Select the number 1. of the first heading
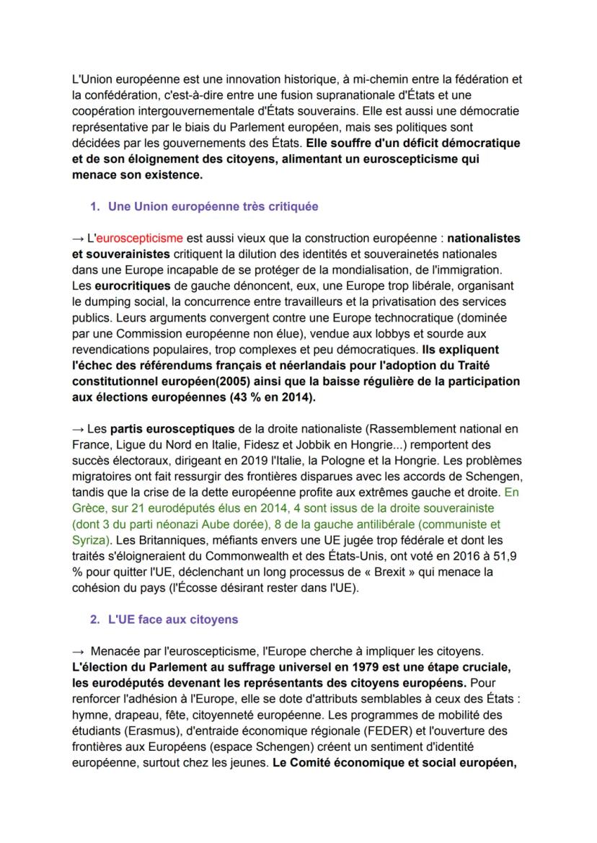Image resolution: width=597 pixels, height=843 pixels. [x=94, y=206]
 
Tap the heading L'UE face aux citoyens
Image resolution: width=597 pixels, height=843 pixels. [x=173, y=619]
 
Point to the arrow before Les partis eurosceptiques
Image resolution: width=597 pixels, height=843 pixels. [x=79, y=428]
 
